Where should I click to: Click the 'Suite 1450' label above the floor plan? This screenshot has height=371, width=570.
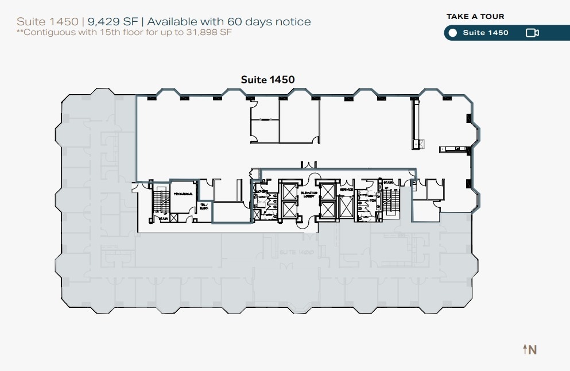coord(267,80)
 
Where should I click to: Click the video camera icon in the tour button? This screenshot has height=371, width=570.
coord(532,33)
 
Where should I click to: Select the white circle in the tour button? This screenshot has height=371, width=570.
coord(452,33)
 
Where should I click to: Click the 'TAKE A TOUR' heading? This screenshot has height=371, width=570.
coord(475,17)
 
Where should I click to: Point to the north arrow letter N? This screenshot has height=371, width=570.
coord(533,349)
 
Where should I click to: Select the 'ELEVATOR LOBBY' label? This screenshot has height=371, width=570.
coord(307,195)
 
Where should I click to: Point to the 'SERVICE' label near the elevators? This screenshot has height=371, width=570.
coord(346,190)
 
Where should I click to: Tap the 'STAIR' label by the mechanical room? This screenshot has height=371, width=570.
coord(163,218)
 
